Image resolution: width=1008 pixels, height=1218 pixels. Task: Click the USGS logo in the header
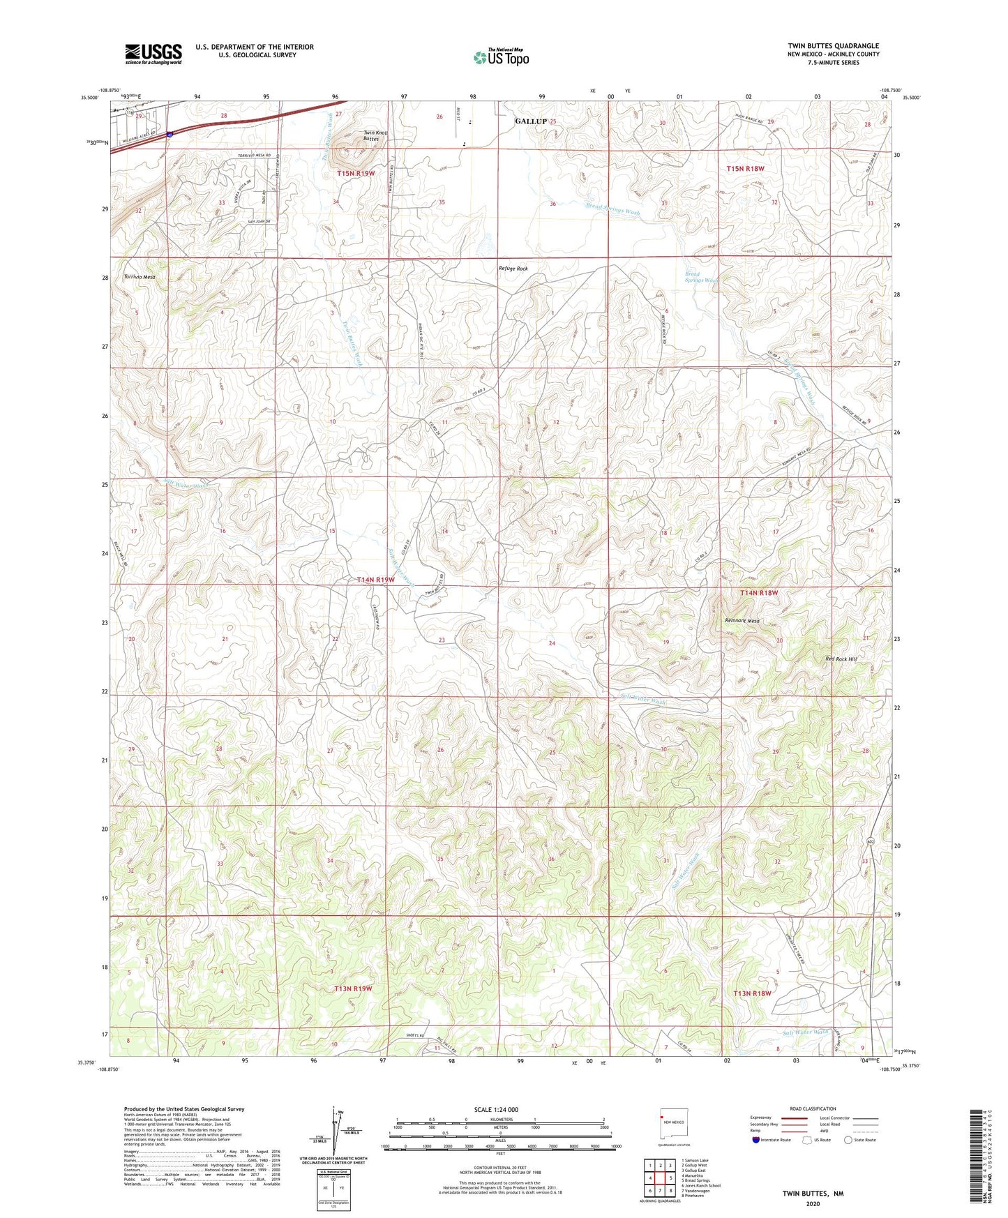tap(153, 54)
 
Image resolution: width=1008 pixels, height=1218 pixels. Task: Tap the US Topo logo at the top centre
tap(501, 57)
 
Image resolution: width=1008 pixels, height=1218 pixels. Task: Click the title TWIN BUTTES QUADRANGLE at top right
tap(834, 46)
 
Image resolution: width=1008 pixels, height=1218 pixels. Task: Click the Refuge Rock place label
tap(513, 269)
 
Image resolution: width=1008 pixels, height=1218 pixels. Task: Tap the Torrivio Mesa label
tap(140, 277)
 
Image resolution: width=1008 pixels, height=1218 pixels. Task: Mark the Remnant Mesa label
tap(742, 621)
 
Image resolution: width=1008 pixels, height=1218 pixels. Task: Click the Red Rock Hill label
tap(841, 659)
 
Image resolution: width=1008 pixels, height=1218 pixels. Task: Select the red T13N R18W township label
tap(752, 993)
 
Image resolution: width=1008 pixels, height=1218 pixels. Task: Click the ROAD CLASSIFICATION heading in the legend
tap(813, 1108)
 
